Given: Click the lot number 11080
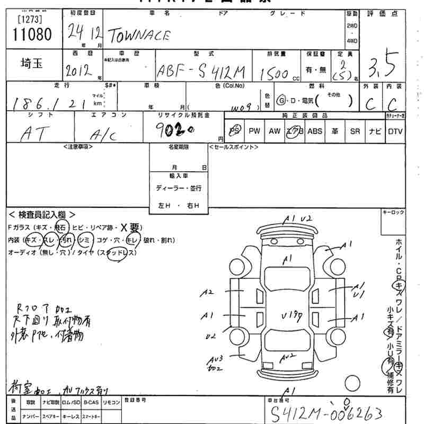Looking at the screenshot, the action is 32,35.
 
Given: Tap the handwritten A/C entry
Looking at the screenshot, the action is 105,135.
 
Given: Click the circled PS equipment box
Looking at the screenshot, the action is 235,131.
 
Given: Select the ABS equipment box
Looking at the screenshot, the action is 315,131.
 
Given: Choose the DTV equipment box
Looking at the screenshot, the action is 395,131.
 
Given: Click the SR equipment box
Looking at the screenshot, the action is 355,131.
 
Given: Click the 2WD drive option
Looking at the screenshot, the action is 352,25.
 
